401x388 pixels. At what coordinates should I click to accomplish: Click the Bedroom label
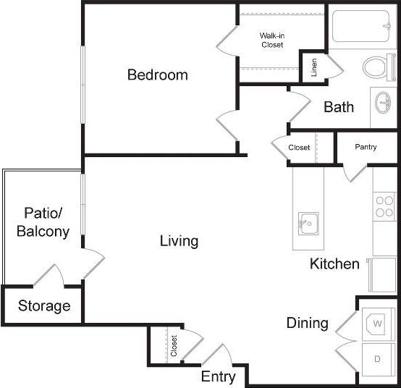tap(157, 75)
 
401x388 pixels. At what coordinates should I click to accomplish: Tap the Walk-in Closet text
tap(272, 40)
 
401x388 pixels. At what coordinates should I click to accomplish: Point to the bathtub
tap(360, 28)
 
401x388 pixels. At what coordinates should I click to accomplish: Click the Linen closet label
tap(314, 68)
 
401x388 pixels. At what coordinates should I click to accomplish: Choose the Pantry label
tap(366, 147)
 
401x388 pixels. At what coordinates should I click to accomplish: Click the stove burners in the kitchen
tap(384, 206)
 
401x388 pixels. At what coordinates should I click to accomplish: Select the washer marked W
tap(376, 321)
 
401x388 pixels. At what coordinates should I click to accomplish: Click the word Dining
tap(307, 323)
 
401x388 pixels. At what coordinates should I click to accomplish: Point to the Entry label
tap(218, 376)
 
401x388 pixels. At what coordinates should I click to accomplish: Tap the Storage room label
tap(44, 306)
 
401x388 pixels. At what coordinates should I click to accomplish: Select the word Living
tap(179, 241)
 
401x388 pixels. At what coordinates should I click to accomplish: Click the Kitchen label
tap(334, 263)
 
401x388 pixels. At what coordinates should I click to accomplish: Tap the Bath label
tap(339, 107)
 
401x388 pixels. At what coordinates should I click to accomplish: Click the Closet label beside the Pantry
tap(299, 148)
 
